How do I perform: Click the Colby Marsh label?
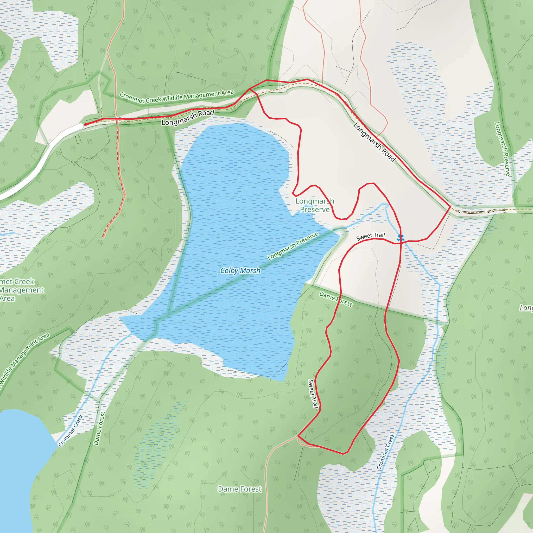(x=240, y=271)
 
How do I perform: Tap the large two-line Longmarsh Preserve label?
(x=315, y=205)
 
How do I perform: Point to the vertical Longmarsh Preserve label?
(x=502, y=149)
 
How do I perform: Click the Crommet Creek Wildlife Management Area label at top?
(x=176, y=97)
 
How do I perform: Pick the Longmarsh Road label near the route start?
(x=188, y=118)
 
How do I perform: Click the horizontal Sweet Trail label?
(x=370, y=236)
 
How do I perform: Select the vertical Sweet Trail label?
(x=313, y=394)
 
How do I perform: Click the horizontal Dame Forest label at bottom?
(x=239, y=489)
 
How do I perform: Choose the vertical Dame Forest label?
(x=99, y=428)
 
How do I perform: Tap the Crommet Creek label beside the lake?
(x=71, y=431)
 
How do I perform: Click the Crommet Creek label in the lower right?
(x=386, y=452)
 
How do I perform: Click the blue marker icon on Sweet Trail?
(x=401, y=238)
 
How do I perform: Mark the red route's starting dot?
(x=86, y=125)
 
